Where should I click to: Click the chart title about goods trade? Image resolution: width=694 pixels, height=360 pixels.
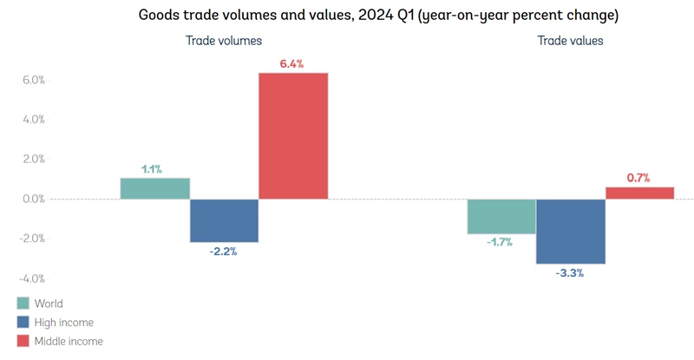tap(347, 16)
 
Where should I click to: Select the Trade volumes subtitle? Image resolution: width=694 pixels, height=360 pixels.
tap(224, 41)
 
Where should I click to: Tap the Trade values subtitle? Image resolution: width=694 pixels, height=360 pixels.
tap(570, 41)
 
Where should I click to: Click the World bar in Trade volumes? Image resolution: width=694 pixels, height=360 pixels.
tap(154, 188)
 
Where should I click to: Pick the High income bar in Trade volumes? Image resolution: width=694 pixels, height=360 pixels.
tap(224, 220)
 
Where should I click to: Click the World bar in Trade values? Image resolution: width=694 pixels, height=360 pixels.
tap(501, 216)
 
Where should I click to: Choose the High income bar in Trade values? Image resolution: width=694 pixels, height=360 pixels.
tap(570, 232)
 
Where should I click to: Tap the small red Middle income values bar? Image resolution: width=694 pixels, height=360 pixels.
tap(639, 193)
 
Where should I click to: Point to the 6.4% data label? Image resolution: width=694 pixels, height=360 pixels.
tap(291, 63)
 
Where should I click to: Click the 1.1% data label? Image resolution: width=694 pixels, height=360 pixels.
tap(154, 169)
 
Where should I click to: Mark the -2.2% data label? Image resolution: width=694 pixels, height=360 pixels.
tap(223, 252)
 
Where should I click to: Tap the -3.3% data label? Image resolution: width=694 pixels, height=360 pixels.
tap(569, 273)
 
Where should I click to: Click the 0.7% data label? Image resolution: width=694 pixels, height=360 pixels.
tap(638, 178)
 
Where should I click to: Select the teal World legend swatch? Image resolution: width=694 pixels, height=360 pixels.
tap(23, 304)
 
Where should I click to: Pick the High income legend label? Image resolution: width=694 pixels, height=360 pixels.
tap(63, 323)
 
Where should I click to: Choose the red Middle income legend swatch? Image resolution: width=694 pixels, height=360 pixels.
tap(23, 341)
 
